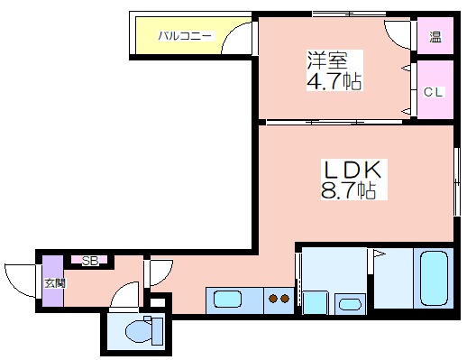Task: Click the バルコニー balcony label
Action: (x=185, y=36)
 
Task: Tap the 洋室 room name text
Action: (x=327, y=60)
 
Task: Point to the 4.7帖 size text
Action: (x=334, y=81)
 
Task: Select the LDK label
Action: (x=353, y=170)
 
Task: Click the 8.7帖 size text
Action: (x=349, y=189)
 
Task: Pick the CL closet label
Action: (x=434, y=92)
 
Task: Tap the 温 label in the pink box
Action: (x=435, y=37)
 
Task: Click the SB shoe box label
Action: (x=90, y=261)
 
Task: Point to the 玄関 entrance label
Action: (x=55, y=283)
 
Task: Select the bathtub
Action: (x=434, y=279)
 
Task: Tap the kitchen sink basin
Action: (x=227, y=299)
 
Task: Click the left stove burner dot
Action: (x=273, y=299)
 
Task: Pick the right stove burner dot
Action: (x=285, y=299)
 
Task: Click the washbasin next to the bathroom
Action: (x=350, y=304)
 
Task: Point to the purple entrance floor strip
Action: (x=53, y=281)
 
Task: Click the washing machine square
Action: (x=316, y=302)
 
